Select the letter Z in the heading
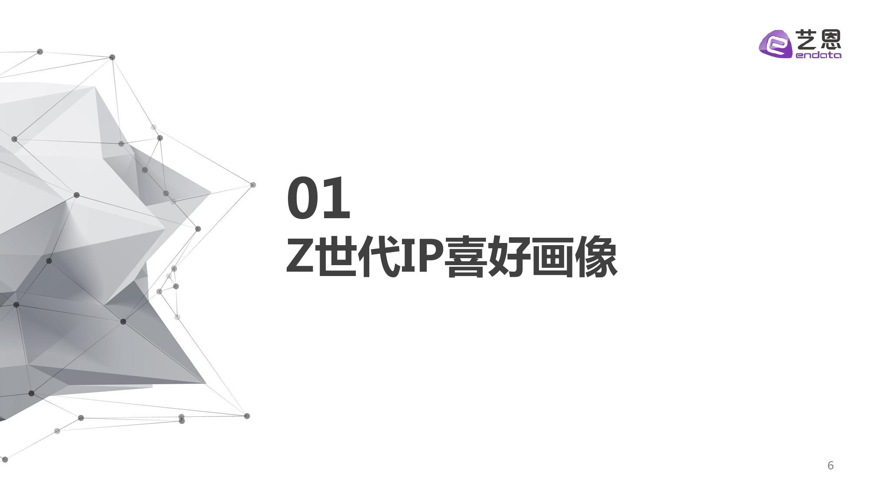coord(300,257)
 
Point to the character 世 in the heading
coord(336,257)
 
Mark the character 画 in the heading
coord(551,257)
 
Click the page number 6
coord(830,466)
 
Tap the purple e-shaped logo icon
coord(776,44)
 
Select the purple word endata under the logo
coord(818,55)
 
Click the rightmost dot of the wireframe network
coord(253,185)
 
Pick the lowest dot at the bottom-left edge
coord(5,459)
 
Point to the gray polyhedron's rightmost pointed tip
coord(211,192)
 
